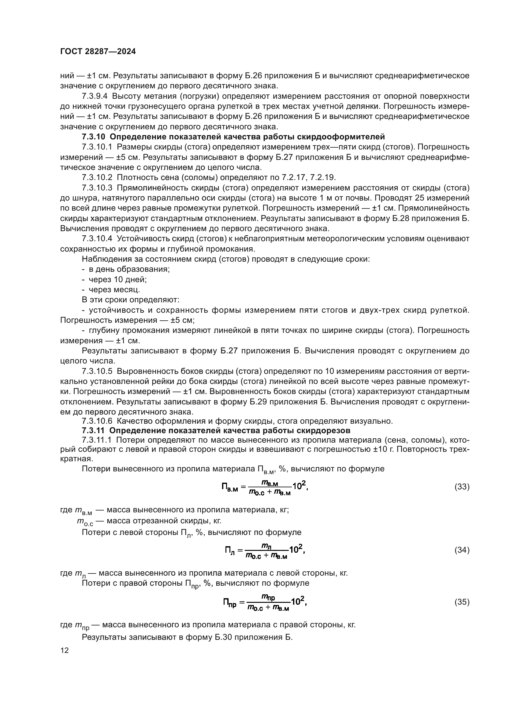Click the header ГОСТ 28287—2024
98,52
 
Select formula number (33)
462,487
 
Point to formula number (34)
462,550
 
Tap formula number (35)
462,602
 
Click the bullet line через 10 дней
117,279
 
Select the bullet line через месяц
114,289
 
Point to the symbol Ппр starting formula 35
230,603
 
